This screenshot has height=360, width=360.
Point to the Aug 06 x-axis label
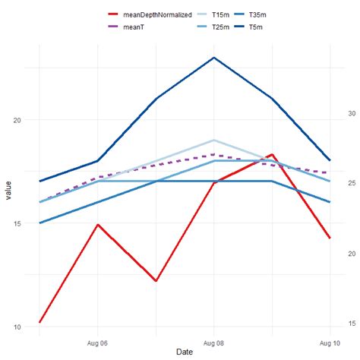(x=97, y=343)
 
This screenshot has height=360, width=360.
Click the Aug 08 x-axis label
(x=214, y=343)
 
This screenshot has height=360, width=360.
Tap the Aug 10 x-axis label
(x=329, y=343)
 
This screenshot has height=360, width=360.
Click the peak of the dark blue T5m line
(x=214, y=58)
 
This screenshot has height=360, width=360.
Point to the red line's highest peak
(x=272, y=154)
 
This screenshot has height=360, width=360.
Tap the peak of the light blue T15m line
(x=214, y=141)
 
